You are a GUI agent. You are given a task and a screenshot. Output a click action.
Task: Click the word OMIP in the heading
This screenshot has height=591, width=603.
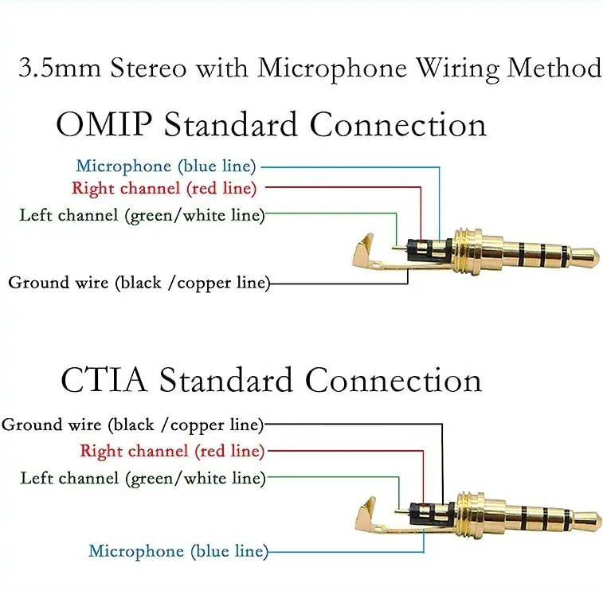click(104, 126)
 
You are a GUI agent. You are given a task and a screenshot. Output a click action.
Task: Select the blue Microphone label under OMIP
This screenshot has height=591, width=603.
click(166, 166)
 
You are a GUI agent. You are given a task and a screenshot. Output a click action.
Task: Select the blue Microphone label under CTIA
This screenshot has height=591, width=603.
click(178, 550)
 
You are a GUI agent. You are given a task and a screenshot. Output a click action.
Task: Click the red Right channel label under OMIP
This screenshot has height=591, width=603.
click(164, 189)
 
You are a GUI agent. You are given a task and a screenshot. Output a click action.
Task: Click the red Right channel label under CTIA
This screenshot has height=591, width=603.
click(171, 451)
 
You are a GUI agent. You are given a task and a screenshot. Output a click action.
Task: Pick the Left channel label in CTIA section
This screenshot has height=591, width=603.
click(143, 478)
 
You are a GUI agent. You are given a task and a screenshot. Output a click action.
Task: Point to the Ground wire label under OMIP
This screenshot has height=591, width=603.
click(139, 282)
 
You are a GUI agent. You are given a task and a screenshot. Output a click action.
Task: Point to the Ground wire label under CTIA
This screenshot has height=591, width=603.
click(132, 425)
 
